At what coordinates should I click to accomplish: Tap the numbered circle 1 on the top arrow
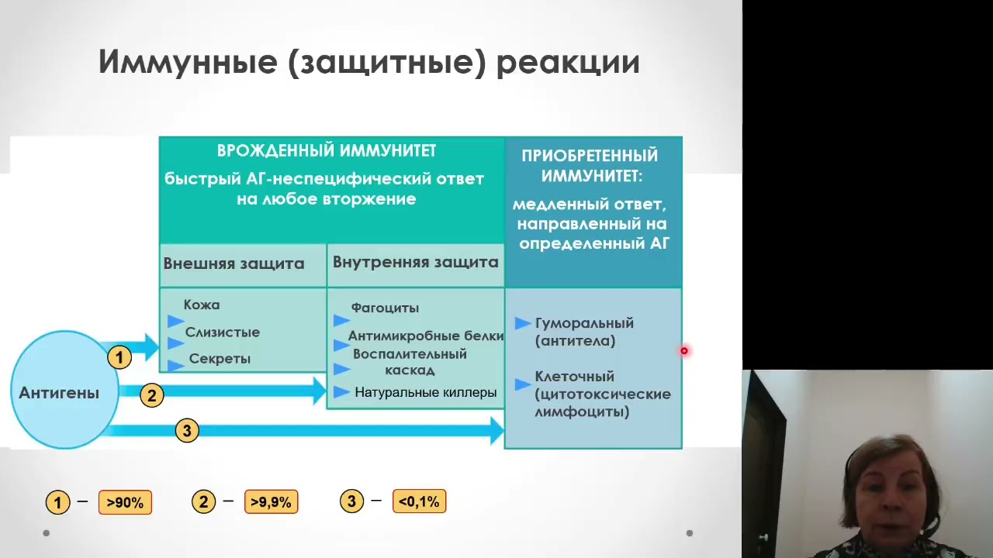pos(119,357)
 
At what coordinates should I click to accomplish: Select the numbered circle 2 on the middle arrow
pos(152,395)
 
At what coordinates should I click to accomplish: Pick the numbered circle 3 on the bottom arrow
pos(186,431)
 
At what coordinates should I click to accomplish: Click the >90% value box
pos(125,502)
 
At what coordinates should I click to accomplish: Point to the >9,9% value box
pos(271,502)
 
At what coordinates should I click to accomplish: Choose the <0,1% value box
pos(419,502)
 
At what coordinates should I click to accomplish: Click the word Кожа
pos(202,305)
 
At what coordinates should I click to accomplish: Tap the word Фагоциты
pos(385,308)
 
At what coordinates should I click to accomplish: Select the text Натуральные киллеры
pos(425,392)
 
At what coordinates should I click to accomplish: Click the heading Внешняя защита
pos(234,263)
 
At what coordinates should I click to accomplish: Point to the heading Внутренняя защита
pos(415,262)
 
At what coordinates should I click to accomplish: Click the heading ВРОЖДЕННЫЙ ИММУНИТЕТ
pos(326,150)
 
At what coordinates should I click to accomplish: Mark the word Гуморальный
pos(584,323)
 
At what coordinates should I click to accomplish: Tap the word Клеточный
pos(574,377)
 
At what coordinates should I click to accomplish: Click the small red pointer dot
pos(683,351)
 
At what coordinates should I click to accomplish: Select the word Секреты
pos(220,359)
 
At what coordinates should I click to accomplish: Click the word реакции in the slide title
pos(568,62)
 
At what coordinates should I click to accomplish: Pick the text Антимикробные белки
pos(426,336)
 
